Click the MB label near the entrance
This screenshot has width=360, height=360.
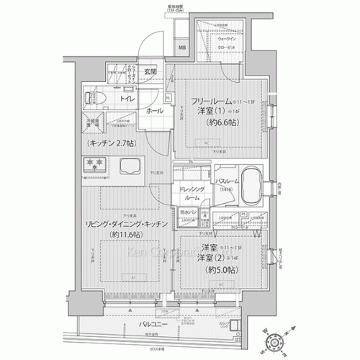point(181,49)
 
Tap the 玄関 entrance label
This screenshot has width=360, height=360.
point(150,72)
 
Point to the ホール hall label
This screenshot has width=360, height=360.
point(153,112)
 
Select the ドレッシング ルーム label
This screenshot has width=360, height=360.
point(192,192)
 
